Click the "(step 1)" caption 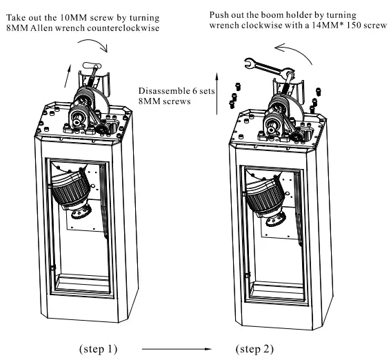click(x=98, y=349)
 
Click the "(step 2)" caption click(x=254, y=349)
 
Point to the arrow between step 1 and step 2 click(x=177, y=349)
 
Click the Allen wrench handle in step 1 click(x=92, y=66)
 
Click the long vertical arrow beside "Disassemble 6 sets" click(x=217, y=94)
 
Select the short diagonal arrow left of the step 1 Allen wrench click(x=68, y=76)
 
